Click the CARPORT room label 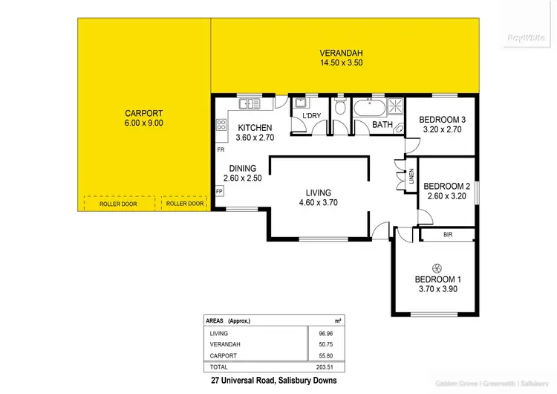[144, 114]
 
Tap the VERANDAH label [341, 53]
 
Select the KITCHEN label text [255, 127]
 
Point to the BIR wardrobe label [447, 235]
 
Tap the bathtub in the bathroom [369, 109]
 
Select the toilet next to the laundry [340, 109]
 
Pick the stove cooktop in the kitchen [222, 126]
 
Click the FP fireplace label [220, 191]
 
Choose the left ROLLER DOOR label [118, 204]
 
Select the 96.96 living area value [325, 334]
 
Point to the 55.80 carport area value [325, 356]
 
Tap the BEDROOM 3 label [442, 120]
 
